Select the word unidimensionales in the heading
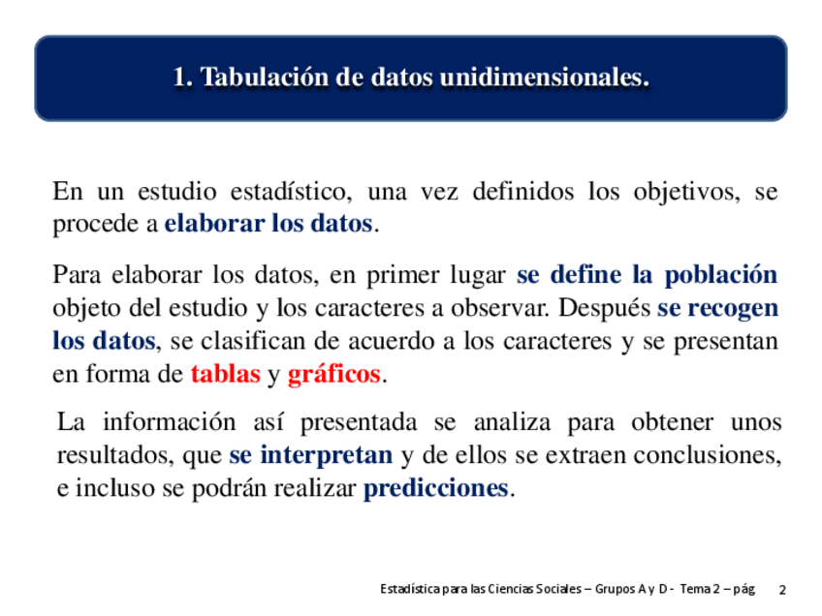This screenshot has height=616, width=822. (545, 77)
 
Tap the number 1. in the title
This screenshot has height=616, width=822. (183, 77)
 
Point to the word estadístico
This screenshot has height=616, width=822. (291, 191)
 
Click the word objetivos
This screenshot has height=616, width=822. (686, 193)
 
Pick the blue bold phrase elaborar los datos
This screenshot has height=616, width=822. (269, 223)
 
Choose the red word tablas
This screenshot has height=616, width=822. (226, 374)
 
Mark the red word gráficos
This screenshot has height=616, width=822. (333, 375)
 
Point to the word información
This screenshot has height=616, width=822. (170, 422)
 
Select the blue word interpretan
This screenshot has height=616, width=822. (327, 455)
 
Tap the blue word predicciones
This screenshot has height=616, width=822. (435, 489)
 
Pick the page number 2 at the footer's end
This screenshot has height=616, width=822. (782, 590)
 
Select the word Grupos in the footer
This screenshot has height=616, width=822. (615, 590)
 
